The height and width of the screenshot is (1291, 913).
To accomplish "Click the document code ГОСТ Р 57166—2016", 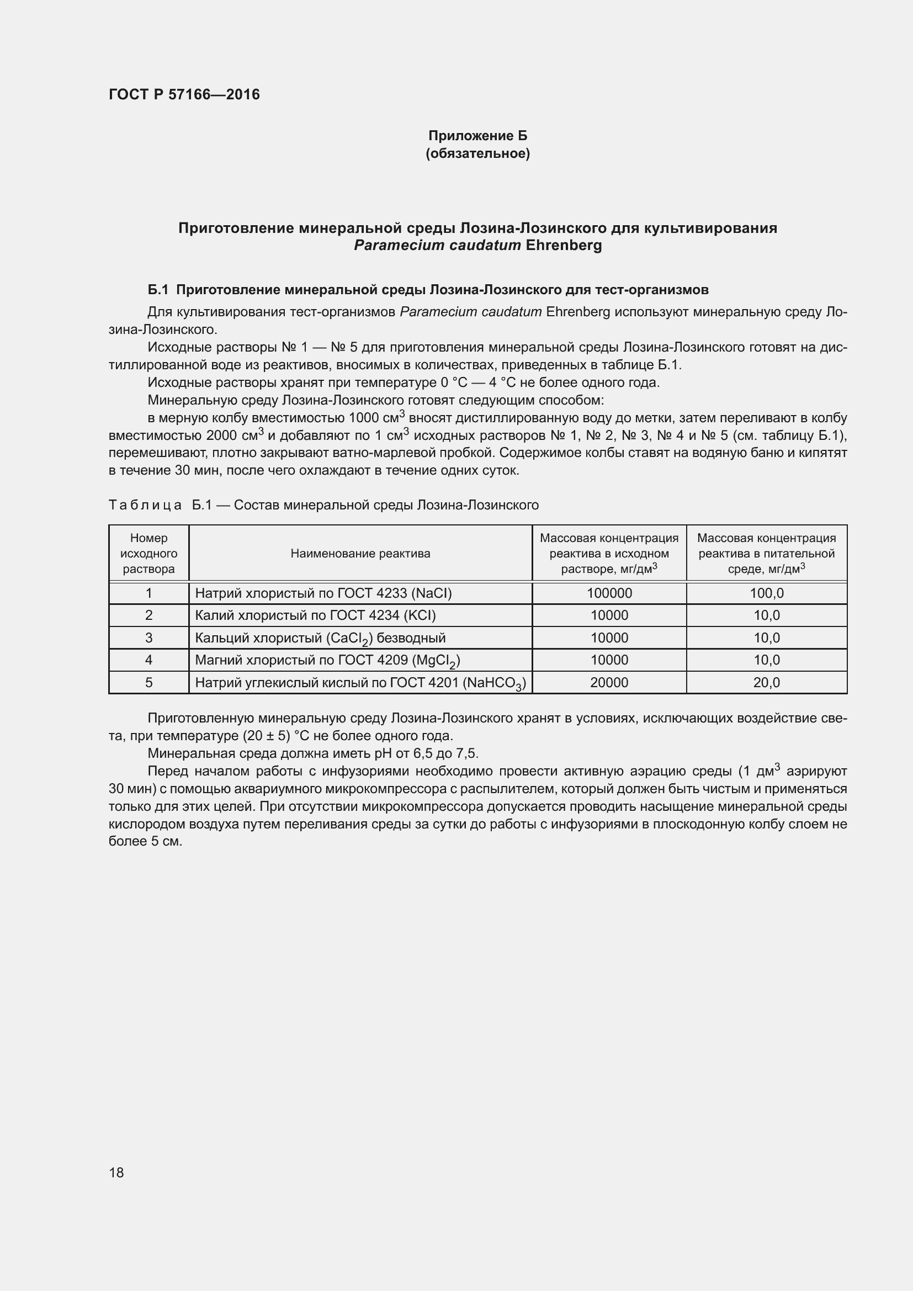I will [x=184, y=94].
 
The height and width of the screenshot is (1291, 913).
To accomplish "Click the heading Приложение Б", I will [x=477, y=136].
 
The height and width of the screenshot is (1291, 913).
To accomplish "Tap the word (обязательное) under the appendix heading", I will [x=477, y=153].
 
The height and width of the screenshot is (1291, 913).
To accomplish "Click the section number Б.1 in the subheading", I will [x=158, y=290].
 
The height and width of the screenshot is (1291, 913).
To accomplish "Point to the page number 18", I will [x=116, y=1172].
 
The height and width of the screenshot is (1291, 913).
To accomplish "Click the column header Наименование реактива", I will [x=360, y=553].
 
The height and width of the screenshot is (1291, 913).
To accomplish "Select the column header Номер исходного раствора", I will [x=149, y=553].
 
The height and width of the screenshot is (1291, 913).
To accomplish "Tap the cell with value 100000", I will [x=609, y=593].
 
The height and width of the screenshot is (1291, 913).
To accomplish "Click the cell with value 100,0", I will [x=766, y=593].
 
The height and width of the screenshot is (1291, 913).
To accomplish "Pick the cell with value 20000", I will [x=609, y=683].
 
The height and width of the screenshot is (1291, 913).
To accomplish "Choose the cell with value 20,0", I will [x=766, y=683].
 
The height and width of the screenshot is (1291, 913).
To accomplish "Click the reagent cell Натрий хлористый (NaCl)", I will [x=323, y=593].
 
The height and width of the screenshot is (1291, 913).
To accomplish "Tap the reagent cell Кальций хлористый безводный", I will [x=320, y=638].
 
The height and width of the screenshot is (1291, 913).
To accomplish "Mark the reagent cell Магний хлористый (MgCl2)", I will [x=327, y=661].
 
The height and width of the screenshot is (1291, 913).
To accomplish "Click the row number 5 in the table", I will [x=149, y=683].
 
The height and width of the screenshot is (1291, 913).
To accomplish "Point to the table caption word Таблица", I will [x=145, y=505].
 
